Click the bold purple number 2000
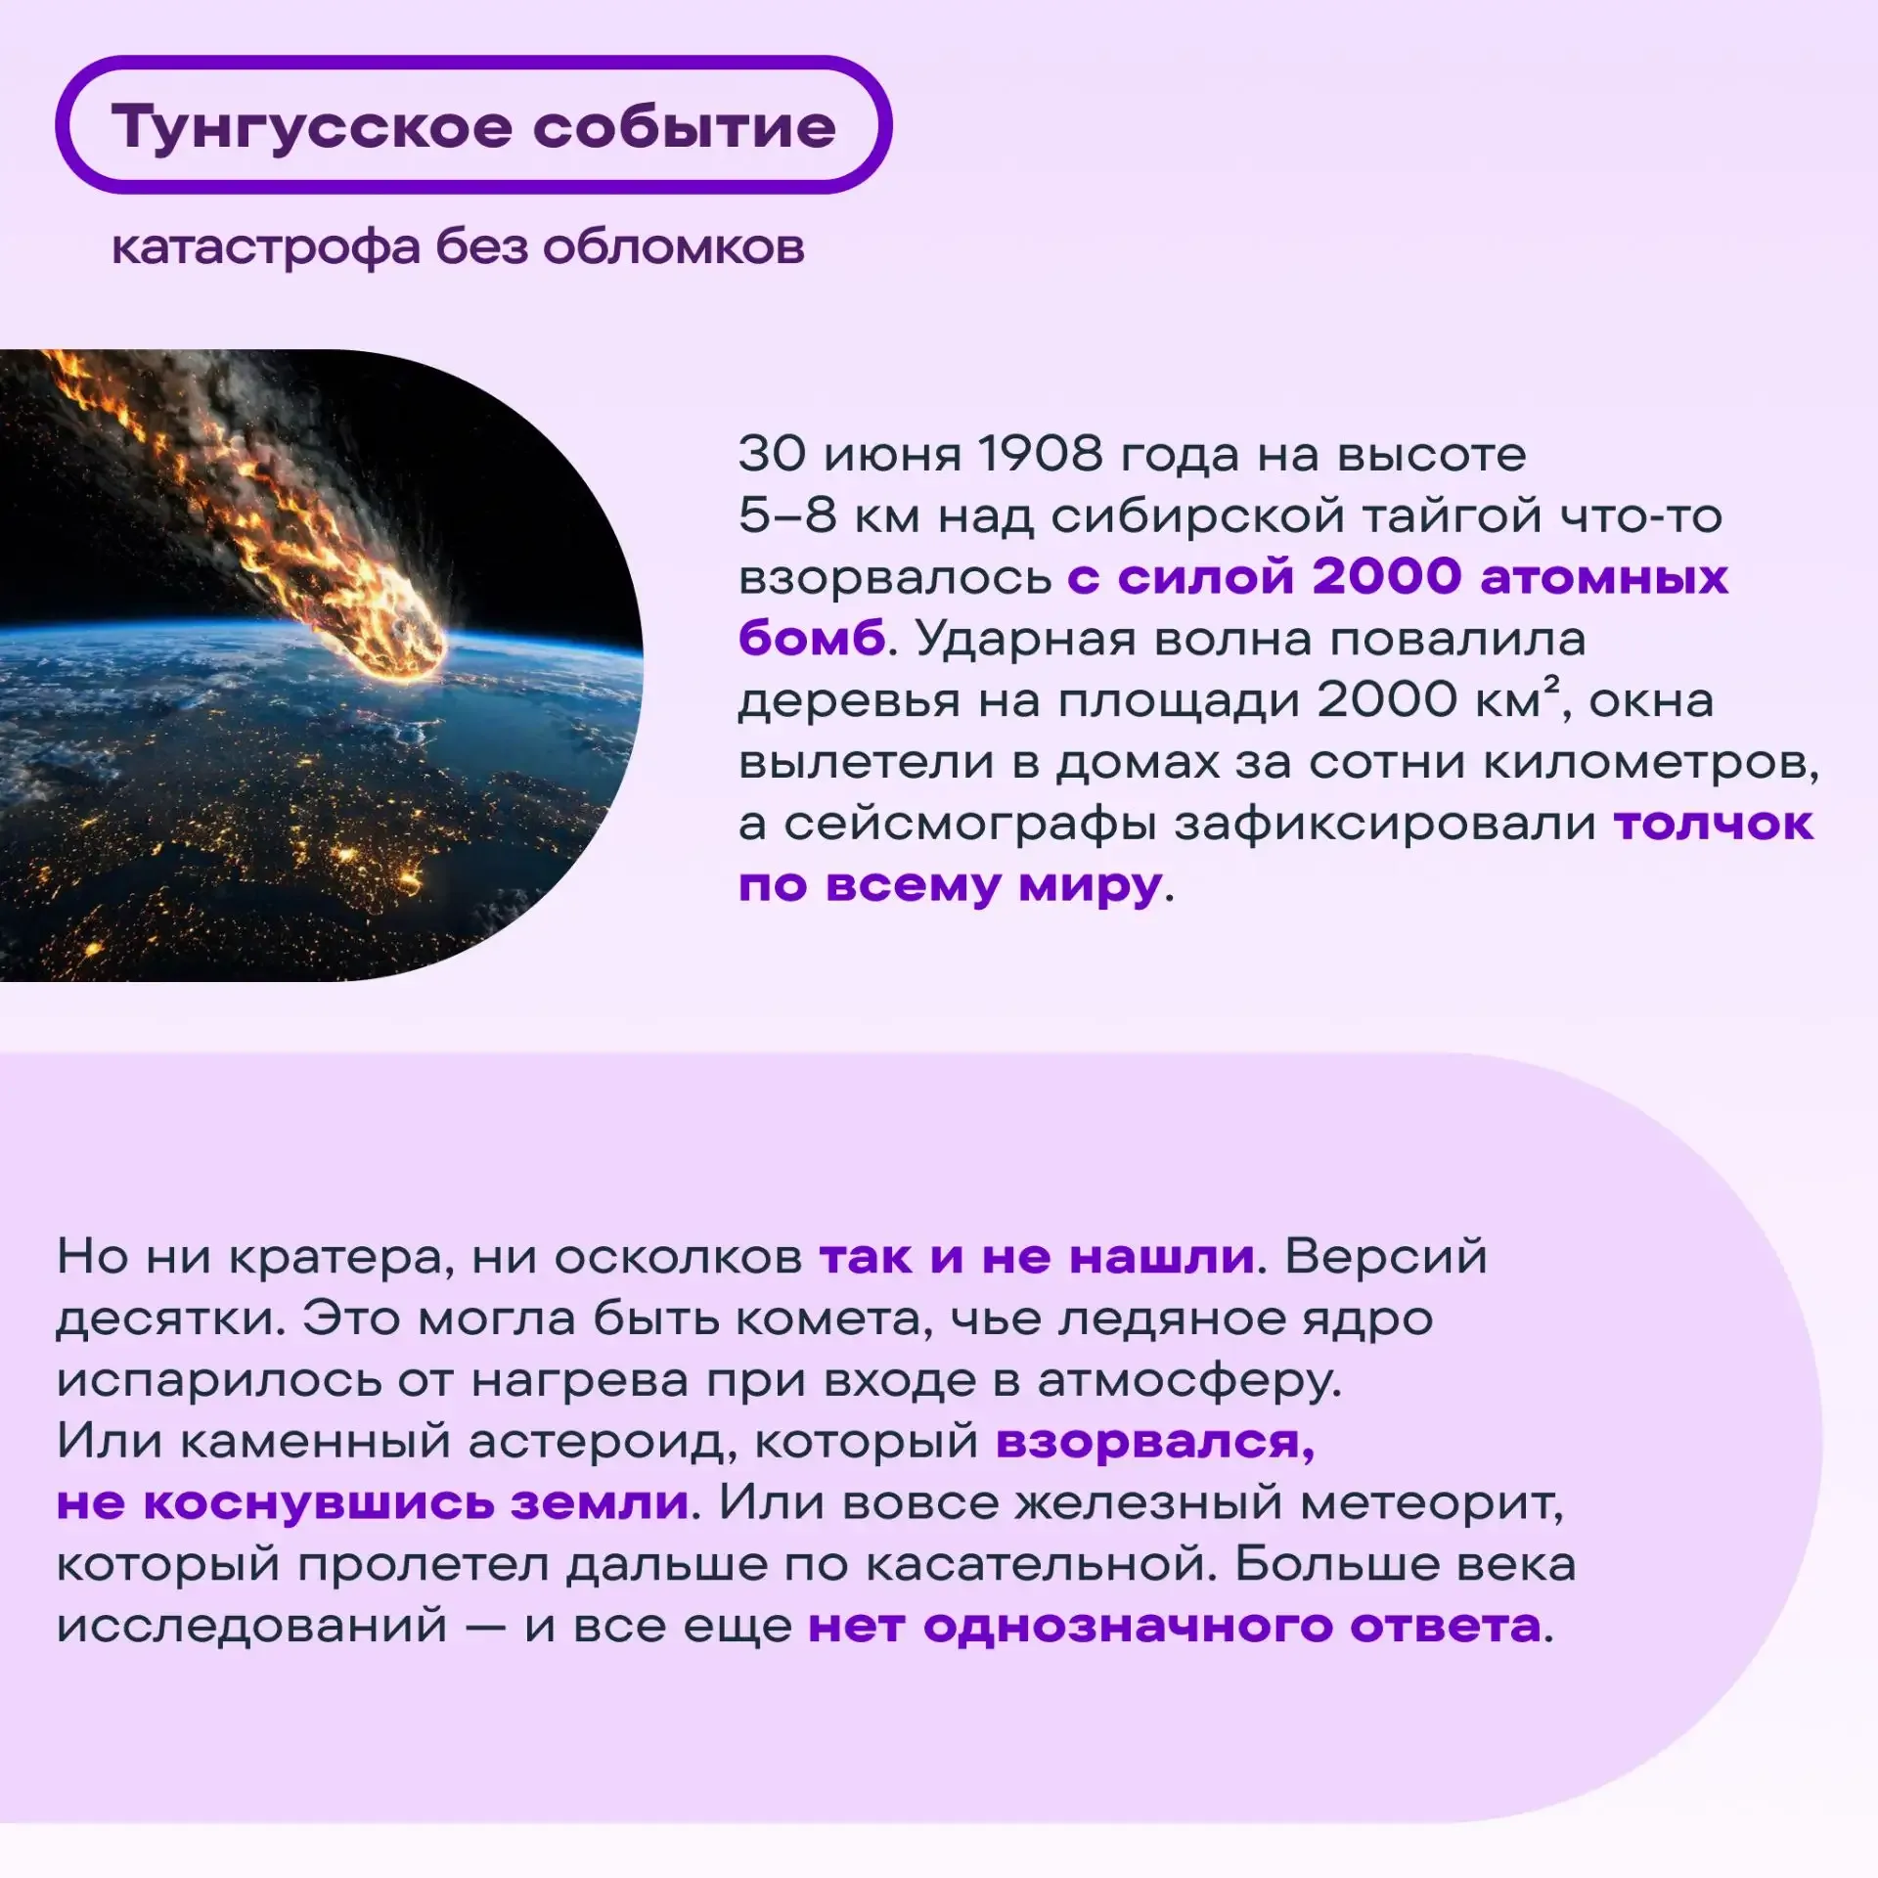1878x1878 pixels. [1387, 576]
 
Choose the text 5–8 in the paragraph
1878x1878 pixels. [787, 515]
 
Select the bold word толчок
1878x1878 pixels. [1714, 823]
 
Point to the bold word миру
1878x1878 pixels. [1090, 886]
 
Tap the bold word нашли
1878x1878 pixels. [1161, 1256]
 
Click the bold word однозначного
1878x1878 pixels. [1128, 1627]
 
